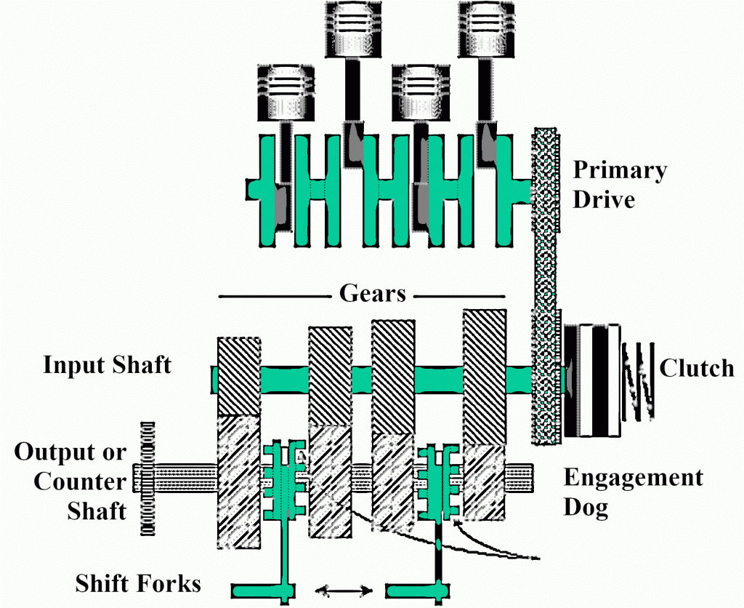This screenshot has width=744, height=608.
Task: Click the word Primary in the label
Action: pos(620,172)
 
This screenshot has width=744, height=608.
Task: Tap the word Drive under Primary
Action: pos(604,199)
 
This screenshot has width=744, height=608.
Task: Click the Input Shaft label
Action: pos(108,364)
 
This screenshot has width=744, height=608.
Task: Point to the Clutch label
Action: pos(697,368)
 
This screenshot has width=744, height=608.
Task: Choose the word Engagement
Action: pos(634,479)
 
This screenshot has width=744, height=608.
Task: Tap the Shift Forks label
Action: pos(139,583)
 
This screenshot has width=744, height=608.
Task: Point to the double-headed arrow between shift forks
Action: pos(344,591)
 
